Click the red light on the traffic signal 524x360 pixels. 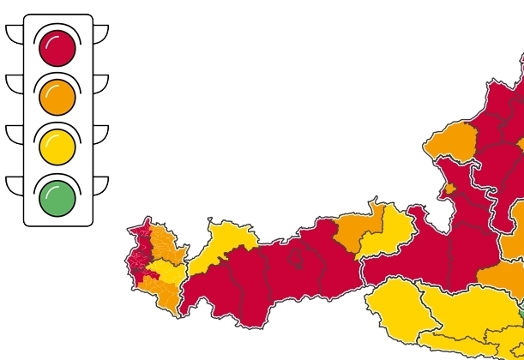tap(57, 48)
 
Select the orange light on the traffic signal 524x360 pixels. tap(57, 98)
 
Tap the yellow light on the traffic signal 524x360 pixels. tap(57, 147)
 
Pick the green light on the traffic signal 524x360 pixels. tap(57, 198)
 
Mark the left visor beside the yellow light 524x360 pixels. tap(15, 133)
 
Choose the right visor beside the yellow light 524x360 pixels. tap(100, 133)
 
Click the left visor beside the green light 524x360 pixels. tap(15, 183)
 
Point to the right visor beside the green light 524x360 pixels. tap(100, 183)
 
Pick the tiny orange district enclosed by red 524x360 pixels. tap(449, 189)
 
